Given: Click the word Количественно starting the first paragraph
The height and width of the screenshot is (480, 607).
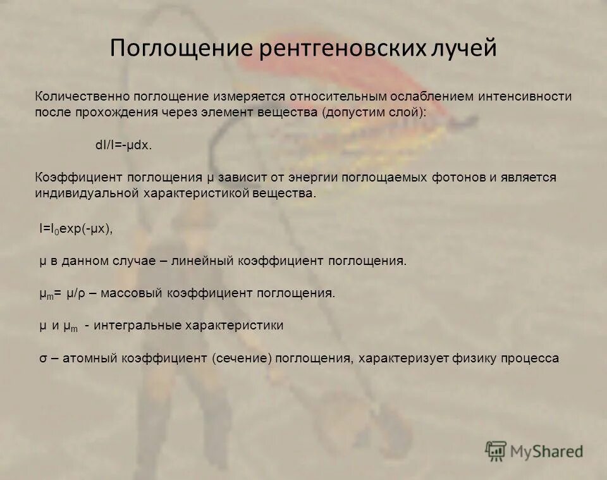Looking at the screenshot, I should point(82,97).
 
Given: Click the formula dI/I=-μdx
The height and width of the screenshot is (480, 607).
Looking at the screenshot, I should point(124,145).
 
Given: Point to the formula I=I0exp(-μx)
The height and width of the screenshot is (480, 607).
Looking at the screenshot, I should point(76,229).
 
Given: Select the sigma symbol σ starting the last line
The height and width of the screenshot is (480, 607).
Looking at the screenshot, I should point(42,359).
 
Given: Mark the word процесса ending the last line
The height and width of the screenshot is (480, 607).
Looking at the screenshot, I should point(530,359).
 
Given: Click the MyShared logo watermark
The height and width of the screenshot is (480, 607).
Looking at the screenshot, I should point(534,450).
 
